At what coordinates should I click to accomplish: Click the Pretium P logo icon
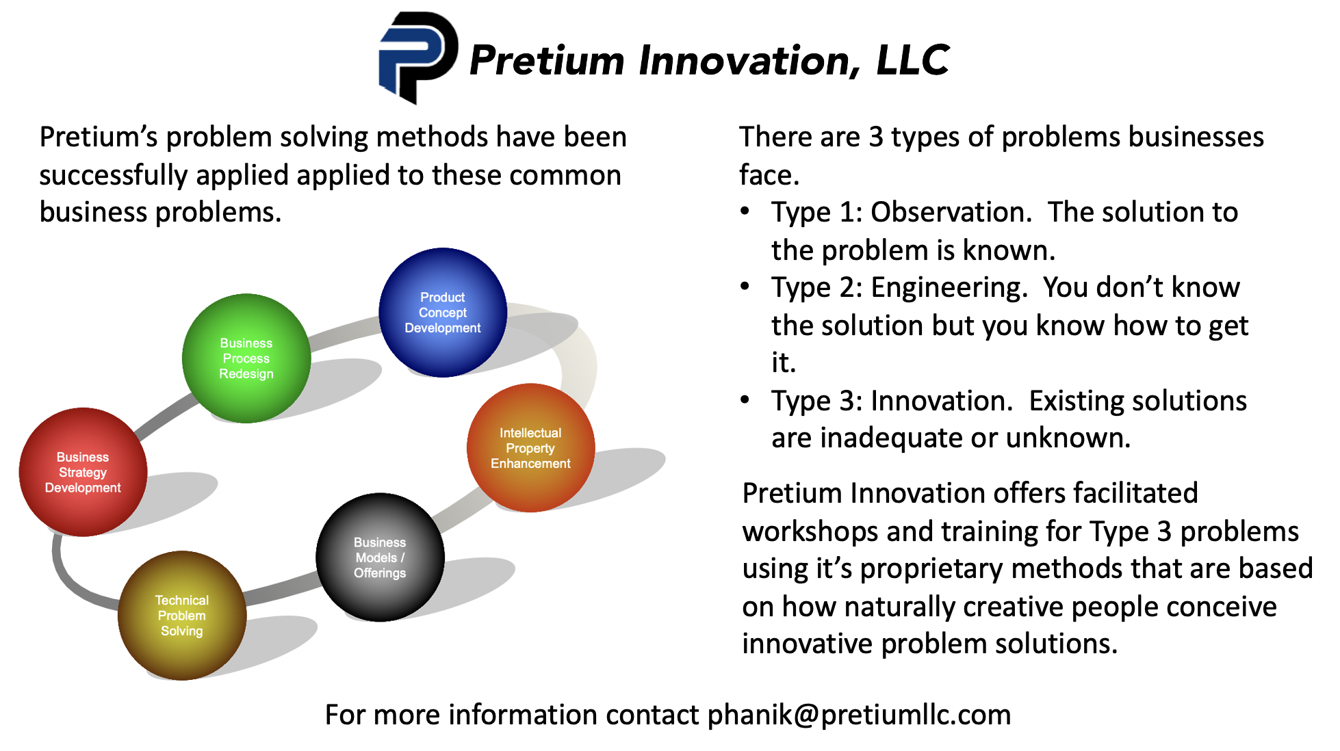pyautogui.click(x=417, y=57)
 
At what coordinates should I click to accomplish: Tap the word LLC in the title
pyautogui.click(x=913, y=60)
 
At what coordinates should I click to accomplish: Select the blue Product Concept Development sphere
pyautogui.click(x=443, y=313)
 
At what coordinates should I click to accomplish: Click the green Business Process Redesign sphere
pyautogui.click(x=246, y=358)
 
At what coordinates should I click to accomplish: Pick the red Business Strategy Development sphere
pyautogui.click(x=83, y=472)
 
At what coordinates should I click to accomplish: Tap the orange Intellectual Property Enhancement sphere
pyautogui.click(x=530, y=448)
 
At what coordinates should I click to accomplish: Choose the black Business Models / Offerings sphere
pyautogui.click(x=380, y=557)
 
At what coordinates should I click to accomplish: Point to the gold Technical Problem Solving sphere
pyautogui.click(x=182, y=616)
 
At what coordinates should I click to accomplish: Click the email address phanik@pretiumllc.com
pyautogui.click(x=859, y=715)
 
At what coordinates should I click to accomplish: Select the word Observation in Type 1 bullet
pyautogui.click(x=951, y=213)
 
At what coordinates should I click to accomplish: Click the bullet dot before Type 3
pyautogui.click(x=745, y=399)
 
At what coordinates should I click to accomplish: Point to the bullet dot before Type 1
pyautogui.click(x=745, y=211)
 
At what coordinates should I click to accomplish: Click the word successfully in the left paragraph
pyautogui.click(x=114, y=176)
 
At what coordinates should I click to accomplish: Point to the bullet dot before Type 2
pyautogui.click(x=745, y=286)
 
